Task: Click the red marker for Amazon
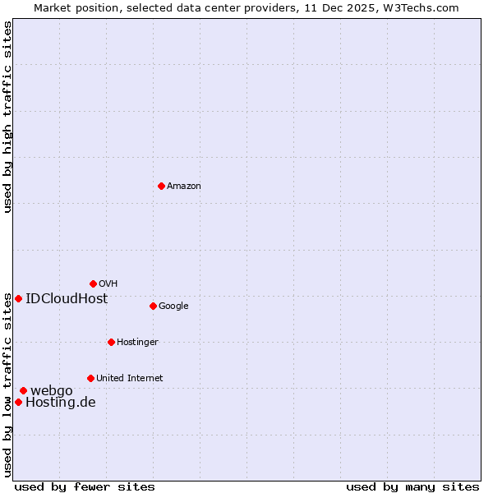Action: [x=161, y=186]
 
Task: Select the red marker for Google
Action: [x=153, y=306]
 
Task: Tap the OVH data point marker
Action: [x=93, y=283]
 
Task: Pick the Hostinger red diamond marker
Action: [x=111, y=342]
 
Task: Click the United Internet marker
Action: [x=90, y=378]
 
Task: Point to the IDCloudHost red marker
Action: [x=18, y=298]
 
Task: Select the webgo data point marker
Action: [x=23, y=390]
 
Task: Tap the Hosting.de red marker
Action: [x=18, y=402]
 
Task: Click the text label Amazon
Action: [x=184, y=187]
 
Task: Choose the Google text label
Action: [x=173, y=306]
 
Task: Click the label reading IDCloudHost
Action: [x=67, y=299]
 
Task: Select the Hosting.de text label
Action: [x=61, y=403]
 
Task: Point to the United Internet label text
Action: [x=130, y=379]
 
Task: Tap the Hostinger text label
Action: [x=137, y=343]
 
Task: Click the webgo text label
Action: [x=52, y=391]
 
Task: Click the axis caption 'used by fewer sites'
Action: [x=85, y=486]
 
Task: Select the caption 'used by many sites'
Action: [x=412, y=486]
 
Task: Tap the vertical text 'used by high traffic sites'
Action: [x=7, y=117]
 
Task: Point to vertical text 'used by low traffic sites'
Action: [x=7, y=385]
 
